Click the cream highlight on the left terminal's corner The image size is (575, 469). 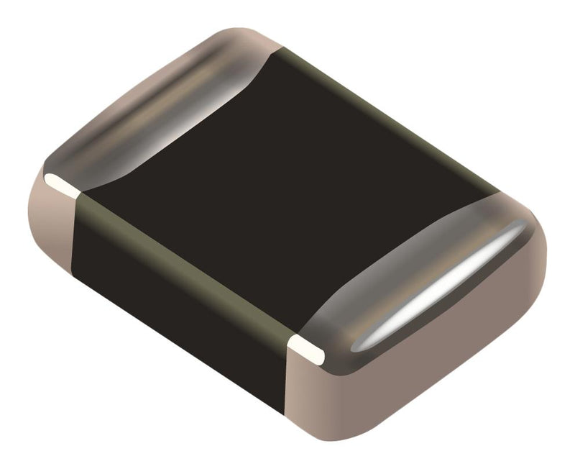coord(60,183)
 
